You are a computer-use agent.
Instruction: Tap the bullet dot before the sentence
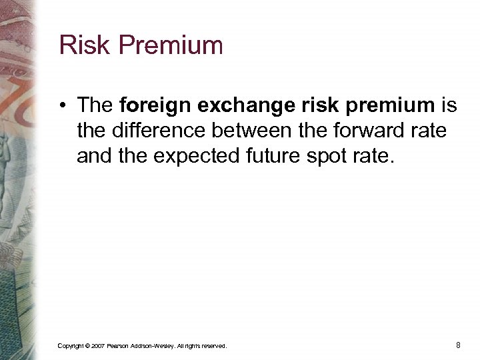tap(63, 106)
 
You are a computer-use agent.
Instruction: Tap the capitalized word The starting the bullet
tap(96, 105)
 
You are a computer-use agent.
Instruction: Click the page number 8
tap(458, 345)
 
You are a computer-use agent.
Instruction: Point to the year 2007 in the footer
tap(97, 346)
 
